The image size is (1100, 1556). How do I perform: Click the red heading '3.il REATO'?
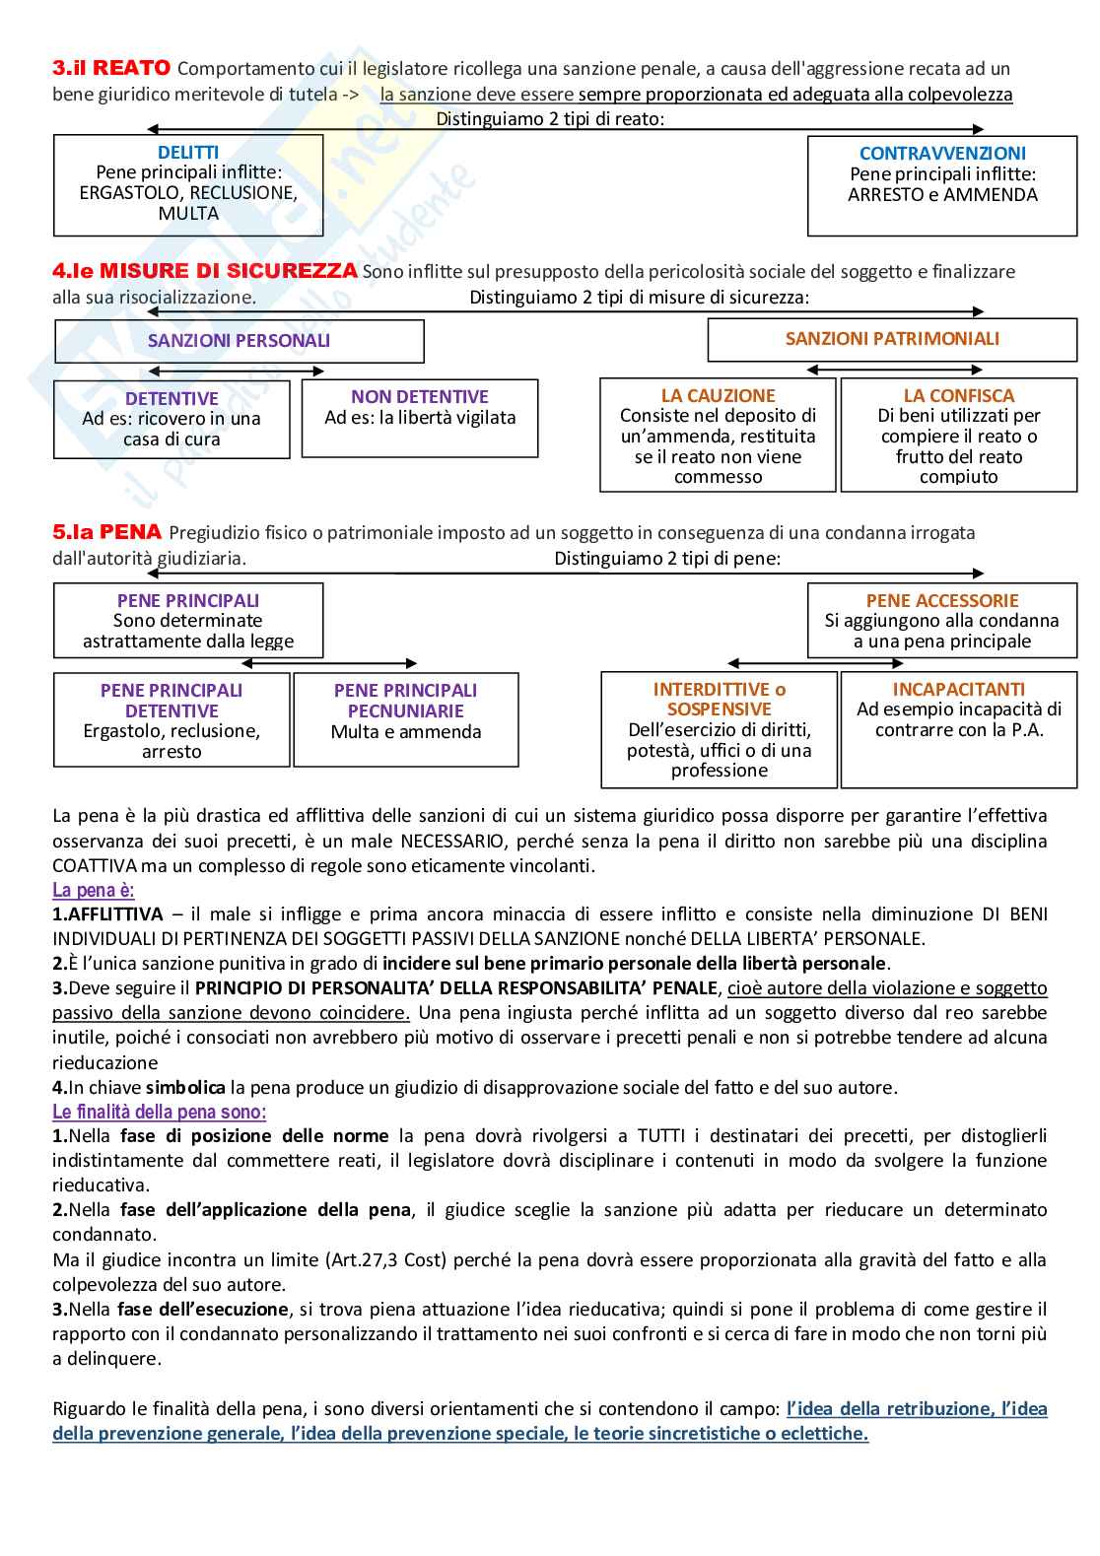(x=111, y=68)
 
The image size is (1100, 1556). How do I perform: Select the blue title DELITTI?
(x=188, y=153)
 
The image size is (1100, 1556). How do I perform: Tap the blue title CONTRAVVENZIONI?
(x=942, y=154)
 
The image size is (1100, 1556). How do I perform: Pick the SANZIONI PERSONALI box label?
(x=239, y=341)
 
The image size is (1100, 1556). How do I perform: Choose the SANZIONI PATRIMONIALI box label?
(x=892, y=339)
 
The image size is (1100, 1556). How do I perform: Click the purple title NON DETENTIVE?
(x=420, y=397)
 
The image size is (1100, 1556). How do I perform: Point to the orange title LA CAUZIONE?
(x=718, y=396)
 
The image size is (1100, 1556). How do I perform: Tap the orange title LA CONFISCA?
(x=958, y=396)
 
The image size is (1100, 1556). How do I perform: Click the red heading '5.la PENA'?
(x=106, y=532)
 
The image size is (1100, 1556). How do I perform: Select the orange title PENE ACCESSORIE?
(x=942, y=601)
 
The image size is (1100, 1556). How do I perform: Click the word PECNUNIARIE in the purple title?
(x=405, y=711)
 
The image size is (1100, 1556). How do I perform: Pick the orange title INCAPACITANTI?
(x=958, y=690)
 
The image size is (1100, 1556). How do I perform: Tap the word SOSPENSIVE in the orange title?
(x=719, y=710)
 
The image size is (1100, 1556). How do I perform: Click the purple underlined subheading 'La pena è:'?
(x=94, y=891)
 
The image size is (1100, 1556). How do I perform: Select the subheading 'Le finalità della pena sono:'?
(x=159, y=1113)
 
